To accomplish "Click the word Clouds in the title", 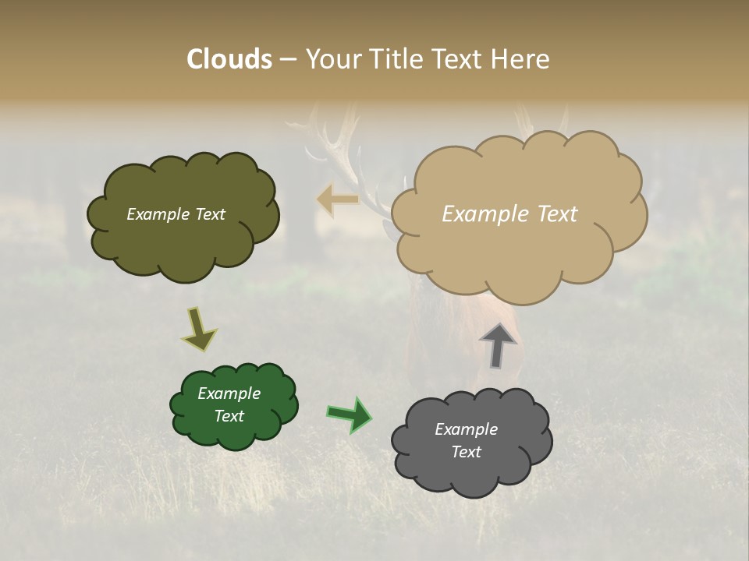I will click(229, 59).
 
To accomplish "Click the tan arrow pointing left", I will click(337, 199).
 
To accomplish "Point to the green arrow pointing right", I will click(350, 415).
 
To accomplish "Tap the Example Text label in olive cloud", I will click(176, 214).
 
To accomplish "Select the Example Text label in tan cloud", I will click(509, 214).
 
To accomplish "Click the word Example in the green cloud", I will click(229, 393).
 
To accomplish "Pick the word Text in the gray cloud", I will click(466, 452).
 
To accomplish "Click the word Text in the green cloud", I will click(229, 416).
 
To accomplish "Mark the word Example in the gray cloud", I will click(466, 429).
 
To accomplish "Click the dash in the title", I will click(288, 60).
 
